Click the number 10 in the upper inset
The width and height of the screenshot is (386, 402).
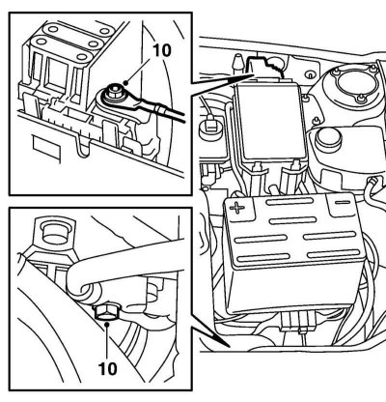pos(162,51)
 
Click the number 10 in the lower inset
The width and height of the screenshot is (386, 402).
pos(108,368)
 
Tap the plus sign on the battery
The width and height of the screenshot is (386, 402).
pos(236,208)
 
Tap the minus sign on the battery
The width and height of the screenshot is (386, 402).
pos(343,203)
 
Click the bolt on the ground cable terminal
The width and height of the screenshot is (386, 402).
pos(113,92)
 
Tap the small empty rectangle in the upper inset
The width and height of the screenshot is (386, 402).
pos(46,147)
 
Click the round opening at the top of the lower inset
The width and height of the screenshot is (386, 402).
pos(55,233)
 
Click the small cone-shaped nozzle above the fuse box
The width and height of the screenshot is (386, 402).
pos(237,62)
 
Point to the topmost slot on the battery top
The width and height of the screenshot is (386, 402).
pos(289,202)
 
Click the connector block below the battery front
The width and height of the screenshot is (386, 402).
pos(297,322)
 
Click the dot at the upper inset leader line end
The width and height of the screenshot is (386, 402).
pos(126,83)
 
